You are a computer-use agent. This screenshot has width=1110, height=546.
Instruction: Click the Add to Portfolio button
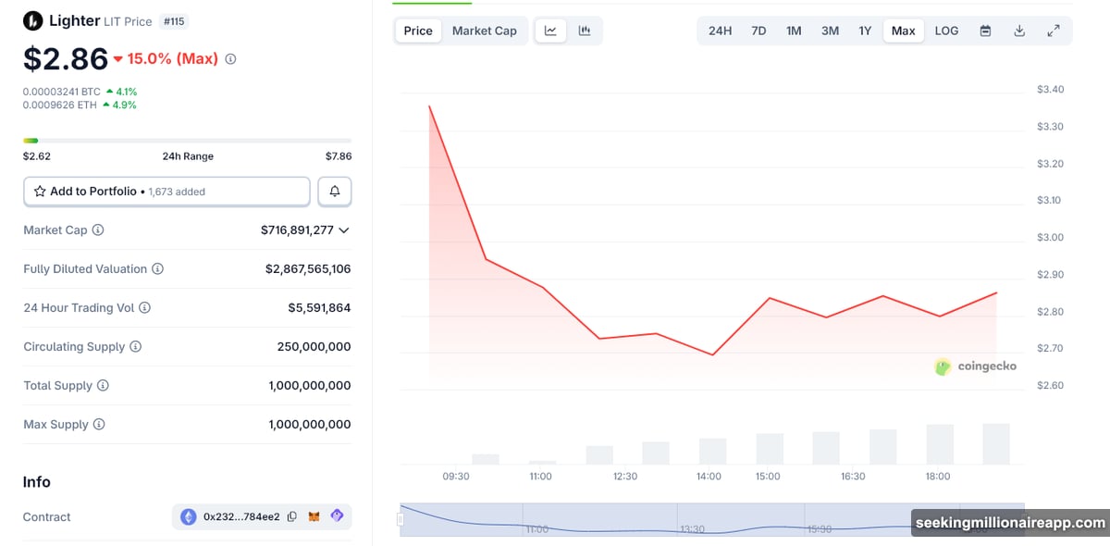point(166,192)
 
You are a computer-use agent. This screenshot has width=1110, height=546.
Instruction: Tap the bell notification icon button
point(334,192)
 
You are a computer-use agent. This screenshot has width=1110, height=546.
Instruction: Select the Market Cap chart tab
point(484,31)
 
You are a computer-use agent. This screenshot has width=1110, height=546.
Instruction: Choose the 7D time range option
point(758,31)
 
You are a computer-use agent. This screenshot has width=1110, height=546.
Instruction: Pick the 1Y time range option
point(865,31)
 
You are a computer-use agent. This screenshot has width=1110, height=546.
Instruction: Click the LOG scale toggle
point(946,31)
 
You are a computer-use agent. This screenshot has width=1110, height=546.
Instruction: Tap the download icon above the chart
point(1019,31)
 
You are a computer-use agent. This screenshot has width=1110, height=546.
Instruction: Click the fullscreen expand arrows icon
point(1053,31)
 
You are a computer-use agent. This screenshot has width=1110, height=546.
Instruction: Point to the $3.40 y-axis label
point(1050,90)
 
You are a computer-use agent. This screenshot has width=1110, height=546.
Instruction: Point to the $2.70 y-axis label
point(1050,349)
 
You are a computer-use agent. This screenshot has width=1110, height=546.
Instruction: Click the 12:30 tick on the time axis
point(625,477)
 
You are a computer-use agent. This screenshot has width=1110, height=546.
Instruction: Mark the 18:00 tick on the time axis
point(937,477)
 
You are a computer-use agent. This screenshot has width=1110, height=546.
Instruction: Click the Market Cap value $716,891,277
point(297,230)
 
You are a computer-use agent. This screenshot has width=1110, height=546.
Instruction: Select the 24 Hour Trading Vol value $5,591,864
point(319,308)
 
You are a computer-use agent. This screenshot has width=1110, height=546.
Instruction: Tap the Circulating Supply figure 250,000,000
point(314,347)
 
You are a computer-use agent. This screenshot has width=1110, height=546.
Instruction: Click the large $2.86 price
point(66,58)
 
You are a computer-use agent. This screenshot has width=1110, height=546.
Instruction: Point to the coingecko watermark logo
point(975,366)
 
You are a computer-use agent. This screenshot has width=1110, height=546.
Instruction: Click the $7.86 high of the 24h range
point(338,156)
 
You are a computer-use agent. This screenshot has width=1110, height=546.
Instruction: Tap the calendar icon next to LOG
point(985,31)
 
